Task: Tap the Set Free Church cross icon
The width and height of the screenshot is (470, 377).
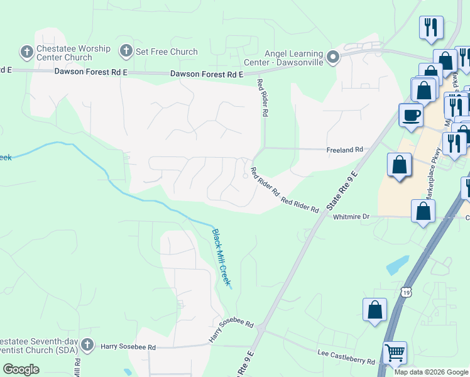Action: [126, 51]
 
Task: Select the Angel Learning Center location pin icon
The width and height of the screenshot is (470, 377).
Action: [333, 58]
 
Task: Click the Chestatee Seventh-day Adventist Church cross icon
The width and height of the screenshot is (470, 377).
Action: [87, 345]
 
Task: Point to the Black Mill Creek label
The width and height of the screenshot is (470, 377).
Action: [221, 257]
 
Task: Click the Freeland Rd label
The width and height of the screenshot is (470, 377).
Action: [344, 150]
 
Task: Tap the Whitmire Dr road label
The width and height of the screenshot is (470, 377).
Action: [352, 216]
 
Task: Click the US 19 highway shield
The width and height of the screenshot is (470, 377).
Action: [407, 292]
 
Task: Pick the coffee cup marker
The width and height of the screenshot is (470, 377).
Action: [411, 116]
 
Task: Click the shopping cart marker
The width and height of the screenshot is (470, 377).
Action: [395, 353]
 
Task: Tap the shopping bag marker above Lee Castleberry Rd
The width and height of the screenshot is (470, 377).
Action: [374, 310]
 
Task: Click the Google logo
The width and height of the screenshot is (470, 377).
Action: [21, 369]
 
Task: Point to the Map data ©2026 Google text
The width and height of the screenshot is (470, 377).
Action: [431, 372]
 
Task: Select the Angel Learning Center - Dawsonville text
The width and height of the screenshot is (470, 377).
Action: [294, 58]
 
